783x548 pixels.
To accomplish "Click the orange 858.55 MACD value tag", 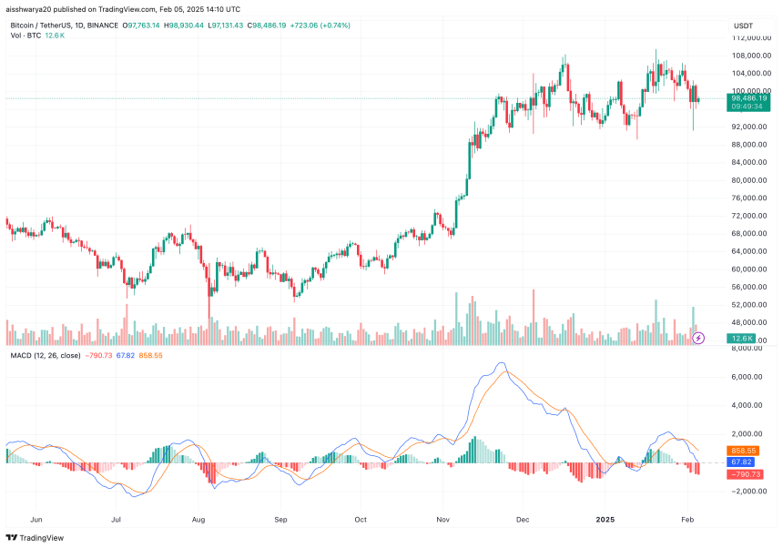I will point(745,451).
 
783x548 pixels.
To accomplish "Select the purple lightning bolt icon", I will point(698,338).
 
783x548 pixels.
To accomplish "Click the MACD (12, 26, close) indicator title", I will point(45,355).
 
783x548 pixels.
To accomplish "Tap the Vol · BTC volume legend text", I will point(25,36).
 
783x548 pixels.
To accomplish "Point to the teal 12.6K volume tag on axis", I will point(742,338).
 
